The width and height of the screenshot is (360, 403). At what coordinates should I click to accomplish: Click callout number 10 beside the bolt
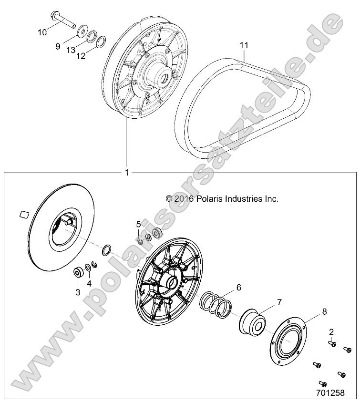click(x=42, y=32)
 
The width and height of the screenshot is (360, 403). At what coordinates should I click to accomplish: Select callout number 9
click(x=58, y=46)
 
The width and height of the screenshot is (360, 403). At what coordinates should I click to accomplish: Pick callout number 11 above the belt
click(x=244, y=45)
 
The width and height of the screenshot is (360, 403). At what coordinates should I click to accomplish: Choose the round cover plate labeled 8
click(x=288, y=345)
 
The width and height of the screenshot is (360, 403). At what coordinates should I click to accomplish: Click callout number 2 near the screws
click(x=331, y=331)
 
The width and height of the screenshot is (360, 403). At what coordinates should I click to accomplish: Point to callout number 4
click(x=89, y=283)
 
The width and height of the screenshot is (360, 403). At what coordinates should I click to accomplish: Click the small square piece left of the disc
click(x=23, y=214)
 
